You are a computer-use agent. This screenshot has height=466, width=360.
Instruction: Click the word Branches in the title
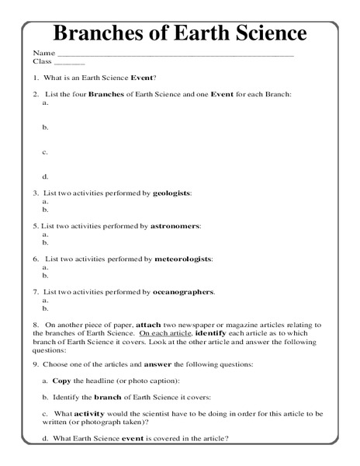point(98,34)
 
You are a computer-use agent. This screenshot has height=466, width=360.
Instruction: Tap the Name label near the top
point(43,53)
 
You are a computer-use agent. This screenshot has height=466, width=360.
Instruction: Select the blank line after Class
point(70,63)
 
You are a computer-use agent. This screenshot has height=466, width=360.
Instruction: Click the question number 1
point(36,78)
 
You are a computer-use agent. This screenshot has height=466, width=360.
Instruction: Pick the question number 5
point(36,225)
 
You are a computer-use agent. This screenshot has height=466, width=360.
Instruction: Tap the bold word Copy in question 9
point(61,381)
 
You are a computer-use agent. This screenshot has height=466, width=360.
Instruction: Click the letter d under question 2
point(45,176)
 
